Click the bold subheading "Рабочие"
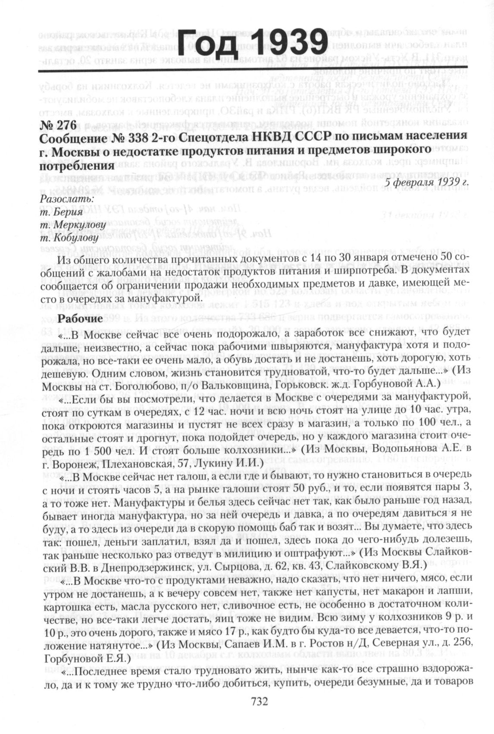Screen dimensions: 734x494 coord(80,319)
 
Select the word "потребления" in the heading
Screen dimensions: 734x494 coord(77,165)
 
